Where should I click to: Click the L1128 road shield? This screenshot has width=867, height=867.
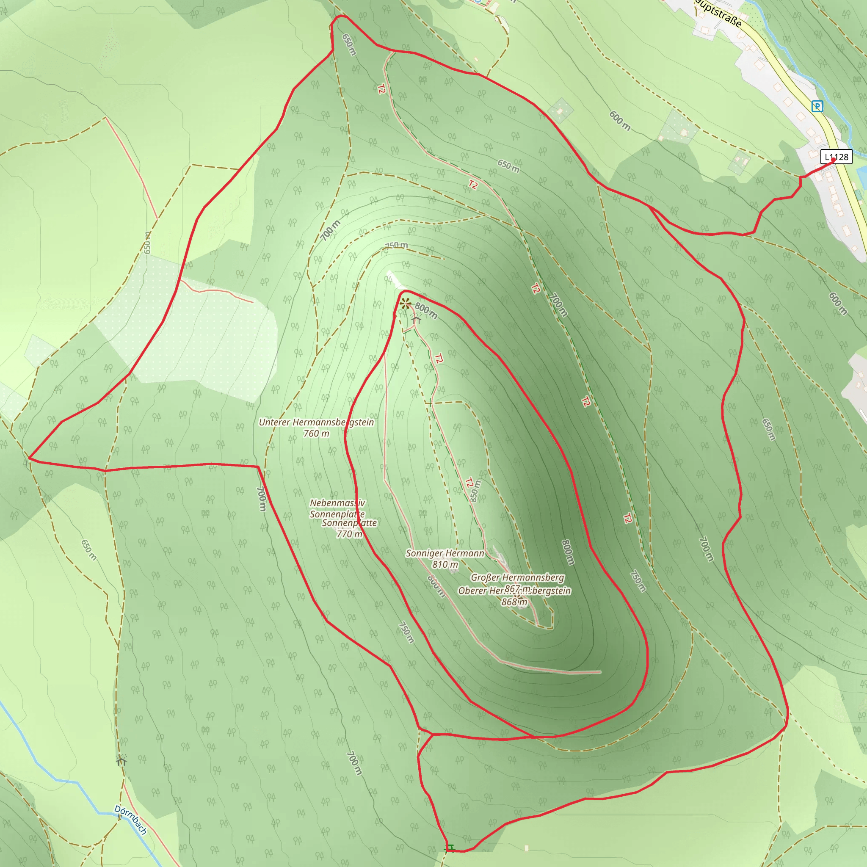[837, 157]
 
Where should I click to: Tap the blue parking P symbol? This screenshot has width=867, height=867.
[817, 106]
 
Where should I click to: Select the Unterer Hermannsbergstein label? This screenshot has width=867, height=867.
[316, 422]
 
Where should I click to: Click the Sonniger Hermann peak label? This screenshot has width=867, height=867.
[445, 553]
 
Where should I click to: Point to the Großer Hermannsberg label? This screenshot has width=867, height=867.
[517, 577]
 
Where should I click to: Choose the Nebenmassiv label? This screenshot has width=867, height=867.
[337, 503]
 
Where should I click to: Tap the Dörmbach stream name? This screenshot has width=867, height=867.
[130, 820]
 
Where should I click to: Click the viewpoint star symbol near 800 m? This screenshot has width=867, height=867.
[406, 304]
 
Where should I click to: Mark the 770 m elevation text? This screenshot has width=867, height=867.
[349, 534]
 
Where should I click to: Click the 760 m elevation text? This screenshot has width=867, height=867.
[316, 433]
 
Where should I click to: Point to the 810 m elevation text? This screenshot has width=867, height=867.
[445, 565]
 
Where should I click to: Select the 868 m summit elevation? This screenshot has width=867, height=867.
[514, 602]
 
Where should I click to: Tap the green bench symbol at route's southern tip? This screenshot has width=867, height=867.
[450, 848]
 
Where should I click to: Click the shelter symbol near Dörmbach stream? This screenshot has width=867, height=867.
[121, 760]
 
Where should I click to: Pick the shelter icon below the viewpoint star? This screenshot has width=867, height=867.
[416, 320]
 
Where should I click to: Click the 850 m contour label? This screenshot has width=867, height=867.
[475, 491]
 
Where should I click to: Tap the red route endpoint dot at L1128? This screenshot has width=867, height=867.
[833, 159]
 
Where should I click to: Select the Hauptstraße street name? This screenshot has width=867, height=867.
[718, 13]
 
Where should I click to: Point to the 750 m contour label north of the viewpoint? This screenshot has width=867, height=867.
[397, 245]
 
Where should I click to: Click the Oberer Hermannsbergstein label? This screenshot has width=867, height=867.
[514, 591]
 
